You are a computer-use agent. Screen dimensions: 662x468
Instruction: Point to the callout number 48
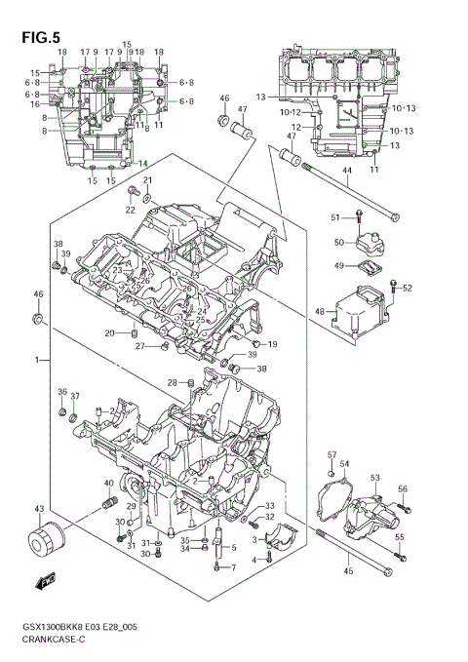(319, 312)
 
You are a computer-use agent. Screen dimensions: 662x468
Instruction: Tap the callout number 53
(374, 477)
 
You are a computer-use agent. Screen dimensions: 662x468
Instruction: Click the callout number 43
(39, 509)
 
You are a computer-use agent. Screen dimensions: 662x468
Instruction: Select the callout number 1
(36, 361)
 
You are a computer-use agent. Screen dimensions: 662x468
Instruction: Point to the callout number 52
(408, 288)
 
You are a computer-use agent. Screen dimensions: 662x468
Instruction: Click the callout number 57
(331, 454)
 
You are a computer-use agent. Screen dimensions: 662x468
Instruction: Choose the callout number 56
(402, 488)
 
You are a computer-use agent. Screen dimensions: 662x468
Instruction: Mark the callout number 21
(148, 181)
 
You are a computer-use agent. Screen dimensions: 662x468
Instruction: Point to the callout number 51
(333, 216)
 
